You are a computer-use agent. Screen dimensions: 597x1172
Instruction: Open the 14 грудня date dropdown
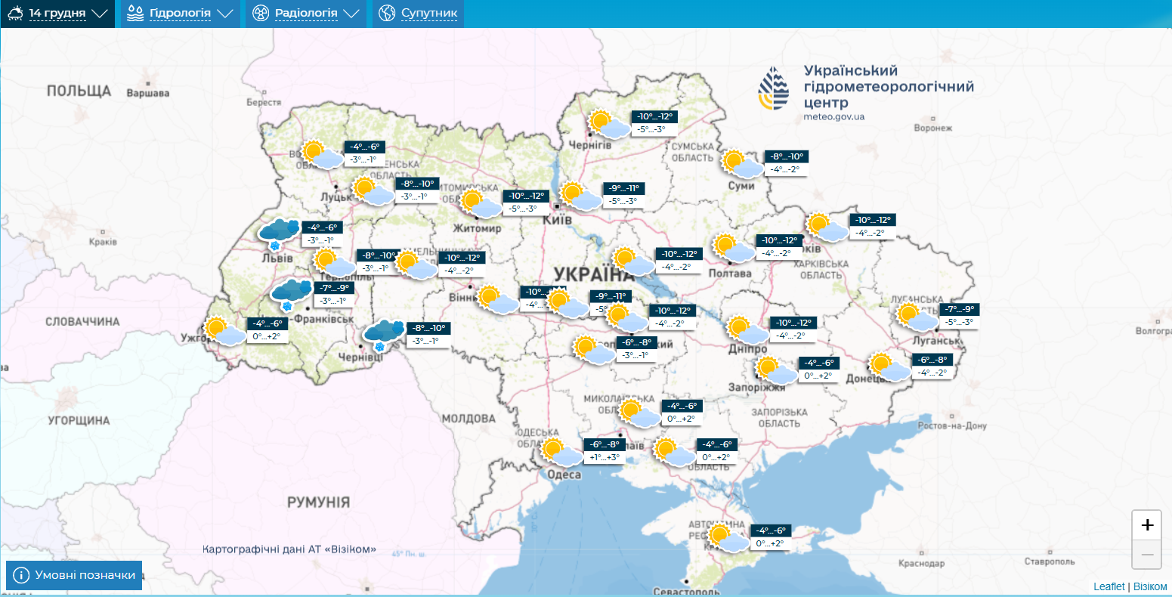57,14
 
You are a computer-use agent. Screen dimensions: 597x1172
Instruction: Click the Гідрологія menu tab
180,14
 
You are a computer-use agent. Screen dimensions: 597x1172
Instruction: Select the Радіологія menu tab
305,14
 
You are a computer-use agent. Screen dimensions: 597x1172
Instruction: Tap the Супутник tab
418,14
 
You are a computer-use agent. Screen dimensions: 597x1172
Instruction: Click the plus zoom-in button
1146,525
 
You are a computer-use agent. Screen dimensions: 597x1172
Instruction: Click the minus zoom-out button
1146,555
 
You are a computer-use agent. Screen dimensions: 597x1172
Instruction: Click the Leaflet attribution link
1109,586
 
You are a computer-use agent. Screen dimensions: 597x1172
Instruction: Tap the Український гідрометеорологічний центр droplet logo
774,88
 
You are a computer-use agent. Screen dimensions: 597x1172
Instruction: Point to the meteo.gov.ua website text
834,117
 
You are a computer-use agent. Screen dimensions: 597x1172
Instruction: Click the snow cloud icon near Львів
279,234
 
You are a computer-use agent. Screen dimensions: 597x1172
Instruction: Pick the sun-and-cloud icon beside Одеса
561,452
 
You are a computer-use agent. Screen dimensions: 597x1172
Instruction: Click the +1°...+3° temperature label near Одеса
605,457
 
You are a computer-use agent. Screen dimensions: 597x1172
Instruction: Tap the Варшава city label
147,94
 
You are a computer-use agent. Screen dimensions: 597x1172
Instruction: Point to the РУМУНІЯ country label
318,503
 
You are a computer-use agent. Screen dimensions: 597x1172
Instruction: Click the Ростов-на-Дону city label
952,426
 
